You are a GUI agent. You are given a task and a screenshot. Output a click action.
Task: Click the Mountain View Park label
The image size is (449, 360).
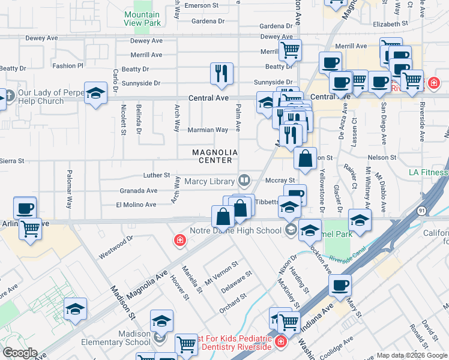click(143, 19)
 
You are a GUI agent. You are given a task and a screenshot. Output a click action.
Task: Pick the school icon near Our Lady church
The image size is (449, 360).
click(95, 93)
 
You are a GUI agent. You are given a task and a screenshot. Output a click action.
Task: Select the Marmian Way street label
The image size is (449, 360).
click(208, 130)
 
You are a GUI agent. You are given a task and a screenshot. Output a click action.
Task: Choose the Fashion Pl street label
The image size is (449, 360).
click(68, 66)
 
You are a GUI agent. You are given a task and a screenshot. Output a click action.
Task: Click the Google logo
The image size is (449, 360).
click(20, 353)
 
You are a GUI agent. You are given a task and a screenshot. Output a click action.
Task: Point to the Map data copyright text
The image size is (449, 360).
click(411, 355)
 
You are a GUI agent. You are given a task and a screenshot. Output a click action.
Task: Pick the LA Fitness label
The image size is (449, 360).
click(429, 173)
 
